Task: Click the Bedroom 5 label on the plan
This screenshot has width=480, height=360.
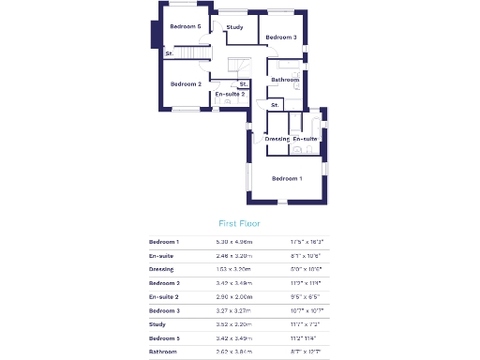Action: click(x=185, y=26)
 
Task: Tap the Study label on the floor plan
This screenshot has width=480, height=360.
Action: click(x=235, y=27)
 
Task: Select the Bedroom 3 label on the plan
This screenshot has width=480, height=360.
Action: click(x=280, y=37)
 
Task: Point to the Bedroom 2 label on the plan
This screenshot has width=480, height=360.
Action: click(x=186, y=84)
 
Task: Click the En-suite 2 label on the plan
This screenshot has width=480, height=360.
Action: click(x=230, y=94)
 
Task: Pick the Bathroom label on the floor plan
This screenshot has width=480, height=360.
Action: click(x=285, y=80)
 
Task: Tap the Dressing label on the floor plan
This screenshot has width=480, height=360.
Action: click(x=277, y=139)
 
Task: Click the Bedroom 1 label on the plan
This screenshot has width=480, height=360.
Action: click(x=287, y=178)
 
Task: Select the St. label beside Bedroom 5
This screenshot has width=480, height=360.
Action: click(x=170, y=53)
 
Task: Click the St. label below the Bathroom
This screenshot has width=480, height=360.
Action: click(x=275, y=105)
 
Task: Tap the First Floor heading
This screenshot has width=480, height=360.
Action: click(x=239, y=224)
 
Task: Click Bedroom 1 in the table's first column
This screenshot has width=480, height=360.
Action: click(x=165, y=242)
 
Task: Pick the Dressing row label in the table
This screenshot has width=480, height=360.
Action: click(x=162, y=269)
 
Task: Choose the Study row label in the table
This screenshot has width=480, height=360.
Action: click(x=157, y=323)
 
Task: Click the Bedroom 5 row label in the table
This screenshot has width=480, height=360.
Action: click(x=165, y=337)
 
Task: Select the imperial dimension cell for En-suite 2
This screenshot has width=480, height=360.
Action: click(x=306, y=296)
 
